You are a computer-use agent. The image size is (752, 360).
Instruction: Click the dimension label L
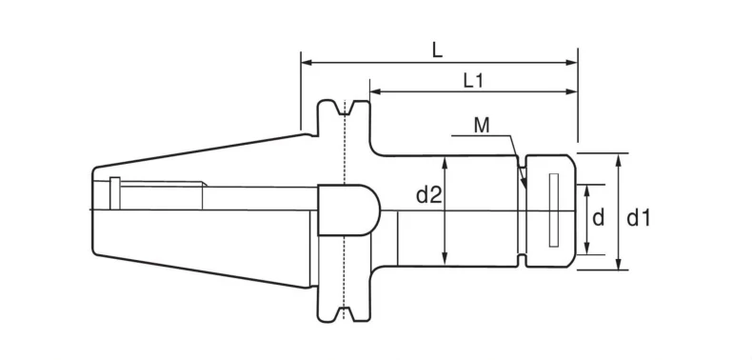tap(436, 50)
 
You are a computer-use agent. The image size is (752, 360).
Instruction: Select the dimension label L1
tap(473, 81)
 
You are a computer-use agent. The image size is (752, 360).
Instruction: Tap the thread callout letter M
tap(482, 126)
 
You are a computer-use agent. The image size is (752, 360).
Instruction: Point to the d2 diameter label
tap(428, 195)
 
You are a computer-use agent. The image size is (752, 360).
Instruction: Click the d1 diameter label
tap(639, 218)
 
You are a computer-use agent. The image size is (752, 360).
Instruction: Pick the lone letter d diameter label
tap(598, 218)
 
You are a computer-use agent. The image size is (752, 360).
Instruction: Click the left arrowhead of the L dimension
tap(307, 63)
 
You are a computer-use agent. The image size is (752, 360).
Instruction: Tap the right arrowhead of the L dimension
tap(571, 63)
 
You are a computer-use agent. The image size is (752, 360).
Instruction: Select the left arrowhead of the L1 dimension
tap(375, 91)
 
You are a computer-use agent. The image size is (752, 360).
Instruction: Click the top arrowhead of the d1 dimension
tap(619, 159)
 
